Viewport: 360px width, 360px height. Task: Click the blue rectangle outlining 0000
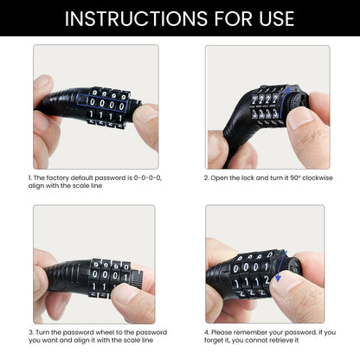pos(103,102)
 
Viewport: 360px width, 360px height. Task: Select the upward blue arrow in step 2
pos(285,101)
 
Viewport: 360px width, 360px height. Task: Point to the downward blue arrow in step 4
pos(280,266)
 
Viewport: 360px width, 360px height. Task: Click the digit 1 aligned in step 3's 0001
pos(125,278)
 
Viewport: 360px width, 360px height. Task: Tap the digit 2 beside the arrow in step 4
pos(267,280)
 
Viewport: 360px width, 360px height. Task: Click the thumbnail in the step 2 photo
pos(300,119)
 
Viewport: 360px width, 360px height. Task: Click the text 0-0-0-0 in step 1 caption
pos(147,177)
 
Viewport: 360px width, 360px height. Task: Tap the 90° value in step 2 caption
pos(295,177)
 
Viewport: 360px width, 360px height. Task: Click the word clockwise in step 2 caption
pos(318,177)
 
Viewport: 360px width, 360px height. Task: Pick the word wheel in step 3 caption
pos(105,332)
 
